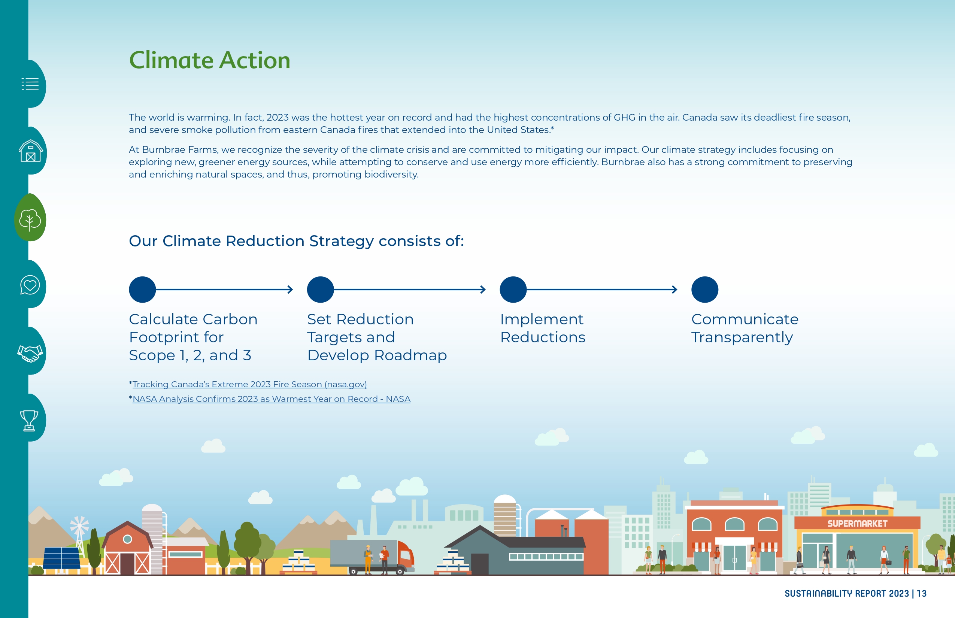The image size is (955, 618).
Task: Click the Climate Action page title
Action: pyautogui.click(x=209, y=60)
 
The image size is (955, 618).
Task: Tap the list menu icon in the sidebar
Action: pyautogui.click(x=30, y=84)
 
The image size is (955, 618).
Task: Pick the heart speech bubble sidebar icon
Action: pyautogui.click(x=30, y=285)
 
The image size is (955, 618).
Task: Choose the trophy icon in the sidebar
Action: pyautogui.click(x=29, y=420)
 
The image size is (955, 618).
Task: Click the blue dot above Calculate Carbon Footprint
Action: pyautogui.click(x=142, y=289)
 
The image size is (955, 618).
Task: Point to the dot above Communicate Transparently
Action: pyautogui.click(x=704, y=289)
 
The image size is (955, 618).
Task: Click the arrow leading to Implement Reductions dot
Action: pyautogui.click(x=410, y=289)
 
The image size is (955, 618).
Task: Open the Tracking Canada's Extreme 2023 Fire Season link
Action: pyautogui.click(x=249, y=384)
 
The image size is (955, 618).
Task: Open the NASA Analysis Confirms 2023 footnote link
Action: pyautogui.click(x=271, y=399)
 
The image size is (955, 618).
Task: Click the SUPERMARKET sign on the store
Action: pyautogui.click(x=857, y=524)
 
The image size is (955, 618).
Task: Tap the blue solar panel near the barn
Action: pyautogui.click(x=61, y=558)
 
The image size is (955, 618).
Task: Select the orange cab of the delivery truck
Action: pyautogui.click(x=405, y=556)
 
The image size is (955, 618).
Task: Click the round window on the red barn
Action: pyautogui.click(x=127, y=539)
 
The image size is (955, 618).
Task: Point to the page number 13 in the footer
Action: pyautogui.click(x=922, y=594)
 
